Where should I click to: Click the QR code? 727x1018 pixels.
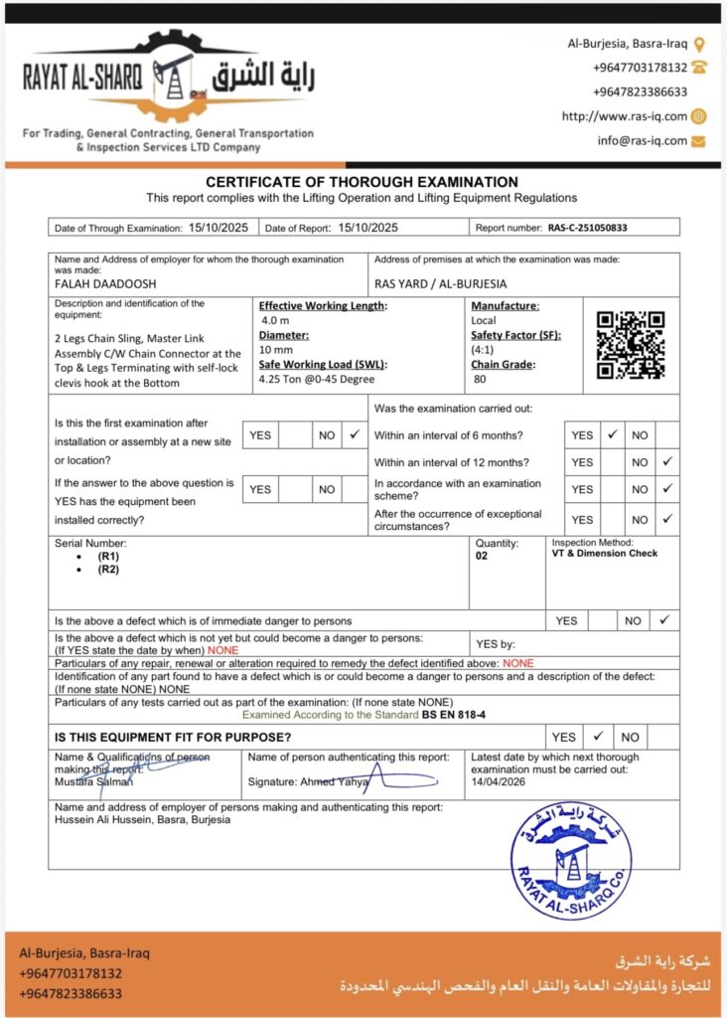pyautogui.click(x=630, y=345)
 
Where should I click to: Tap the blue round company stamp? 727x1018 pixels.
pyautogui.click(x=570, y=862)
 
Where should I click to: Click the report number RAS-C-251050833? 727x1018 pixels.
pyautogui.click(x=587, y=228)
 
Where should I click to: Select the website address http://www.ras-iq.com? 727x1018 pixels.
pyautogui.click(x=624, y=116)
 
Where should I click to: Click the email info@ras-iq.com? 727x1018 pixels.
pyautogui.click(x=642, y=141)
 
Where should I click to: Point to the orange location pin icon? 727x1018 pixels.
pyautogui.click(x=699, y=44)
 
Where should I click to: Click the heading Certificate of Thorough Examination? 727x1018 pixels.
pyautogui.click(x=362, y=182)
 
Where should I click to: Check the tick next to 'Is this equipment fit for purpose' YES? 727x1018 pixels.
pyautogui.click(x=598, y=737)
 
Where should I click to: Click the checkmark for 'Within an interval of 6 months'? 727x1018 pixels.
pyautogui.click(x=613, y=435)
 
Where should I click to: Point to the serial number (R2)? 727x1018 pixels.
pyautogui.click(x=108, y=570)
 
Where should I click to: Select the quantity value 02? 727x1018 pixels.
pyautogui.click(x=484, y=557)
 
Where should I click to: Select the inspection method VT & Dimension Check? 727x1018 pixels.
pyautogui.click(x=605, y=554)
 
